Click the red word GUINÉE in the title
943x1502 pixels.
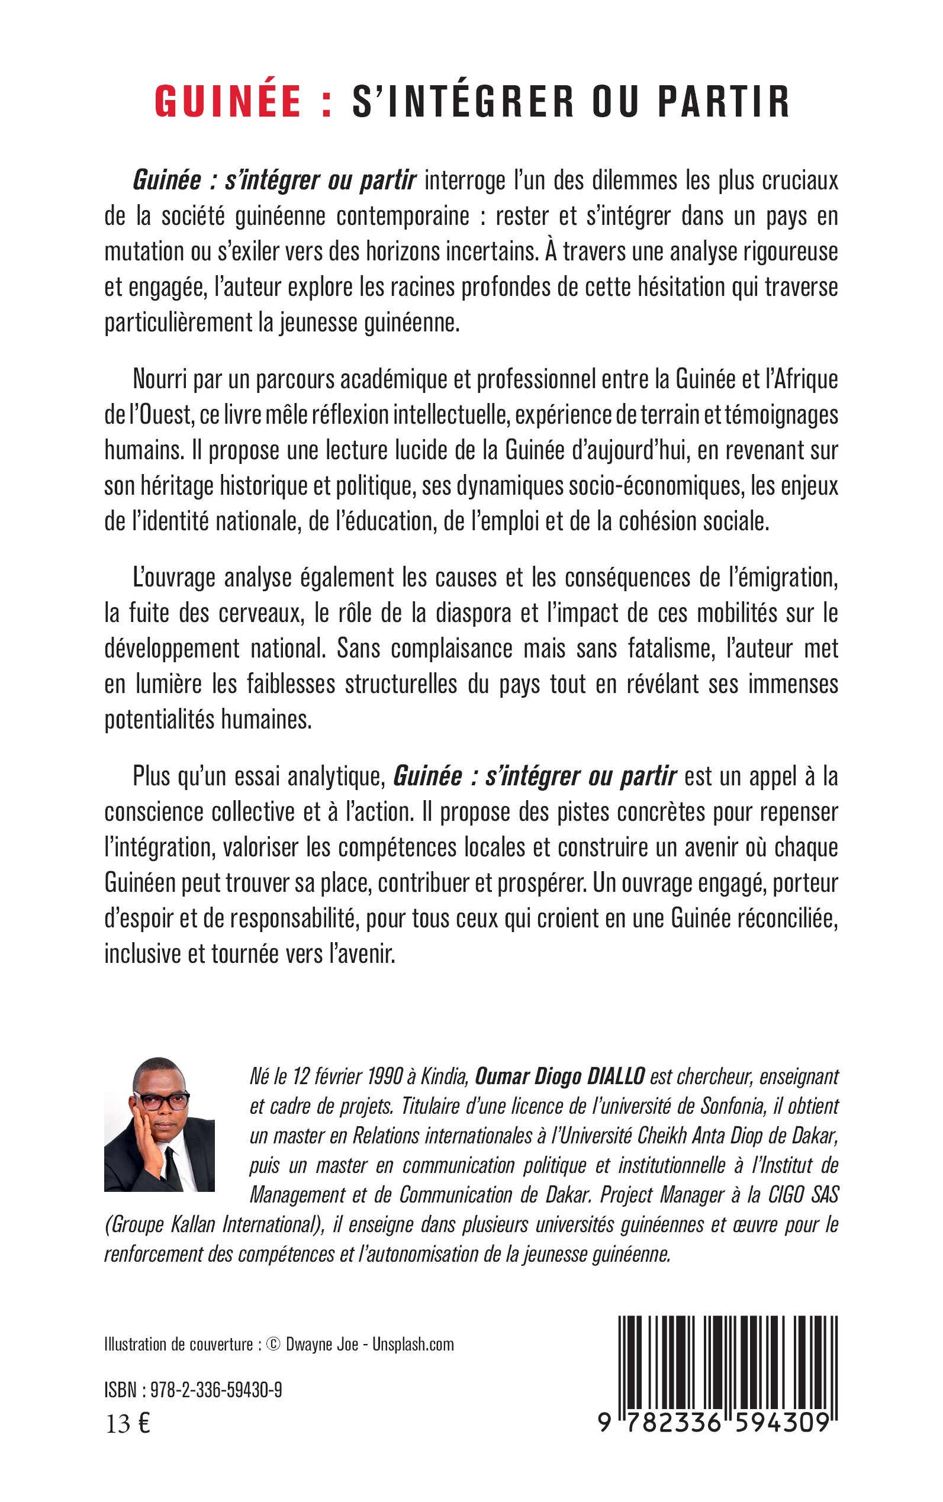228,102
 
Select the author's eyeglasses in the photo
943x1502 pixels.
161,1101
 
